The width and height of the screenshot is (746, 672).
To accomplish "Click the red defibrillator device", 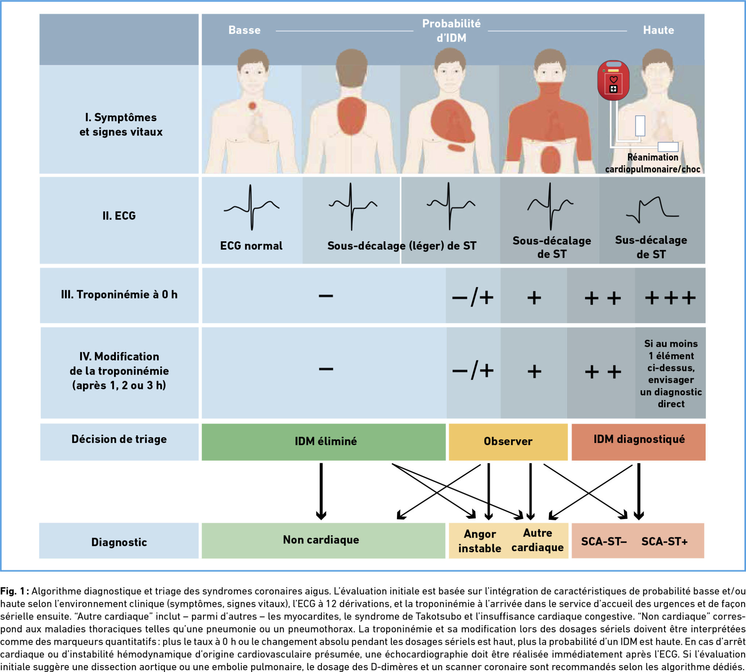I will click(x=613, y=80).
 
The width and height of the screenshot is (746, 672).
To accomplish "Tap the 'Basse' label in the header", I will click(x=244, y=30).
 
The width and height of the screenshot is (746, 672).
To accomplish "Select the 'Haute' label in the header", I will click(x=659, y=30).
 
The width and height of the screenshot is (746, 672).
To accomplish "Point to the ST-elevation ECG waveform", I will click(x=652, y=209).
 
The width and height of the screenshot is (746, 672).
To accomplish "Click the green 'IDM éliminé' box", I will click(x=325, y=441).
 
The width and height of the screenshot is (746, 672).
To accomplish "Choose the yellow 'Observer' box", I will click(x=508, y=441).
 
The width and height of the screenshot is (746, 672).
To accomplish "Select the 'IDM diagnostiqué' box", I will click(x=639, y=439).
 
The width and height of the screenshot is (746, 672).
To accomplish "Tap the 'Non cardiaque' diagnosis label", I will click(x=321, y=540).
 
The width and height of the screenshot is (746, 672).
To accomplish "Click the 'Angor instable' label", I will click(x=480, y=541).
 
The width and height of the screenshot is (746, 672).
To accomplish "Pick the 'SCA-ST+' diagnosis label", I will click(x=664, y=542).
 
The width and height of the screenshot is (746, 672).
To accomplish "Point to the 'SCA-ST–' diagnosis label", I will click(x=604, y=542).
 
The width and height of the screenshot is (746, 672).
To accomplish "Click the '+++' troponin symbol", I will click(x=670, y=298).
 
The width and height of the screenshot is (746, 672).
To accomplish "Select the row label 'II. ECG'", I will click(x=119, y=216).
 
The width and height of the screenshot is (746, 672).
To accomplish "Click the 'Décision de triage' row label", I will click(x=119, y=439).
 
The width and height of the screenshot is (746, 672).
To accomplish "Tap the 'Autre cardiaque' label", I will click(x=537, y=540).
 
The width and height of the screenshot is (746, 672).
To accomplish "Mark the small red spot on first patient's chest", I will click(x=252, y=106).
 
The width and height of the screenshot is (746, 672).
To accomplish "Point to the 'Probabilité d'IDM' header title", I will click(x=451, y=31).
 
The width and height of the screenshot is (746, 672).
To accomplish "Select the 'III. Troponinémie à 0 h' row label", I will click(x=119, y=295).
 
